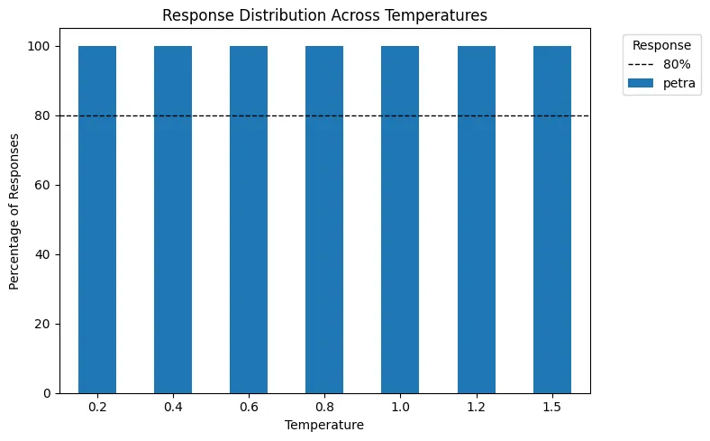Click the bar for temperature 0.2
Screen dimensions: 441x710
coord(97,219)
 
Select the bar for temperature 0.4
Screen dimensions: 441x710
coord(173,219)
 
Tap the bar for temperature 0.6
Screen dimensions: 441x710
coord(249,219)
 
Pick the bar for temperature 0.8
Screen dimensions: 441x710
coord(324,219)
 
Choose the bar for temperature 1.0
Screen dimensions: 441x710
coord(400,219)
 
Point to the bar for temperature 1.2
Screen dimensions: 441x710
coord(476,219)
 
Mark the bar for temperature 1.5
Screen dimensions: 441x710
coord(552,219)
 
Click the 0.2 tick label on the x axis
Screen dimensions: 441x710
coord(97,408)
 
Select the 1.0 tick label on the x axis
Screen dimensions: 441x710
coord(400,408)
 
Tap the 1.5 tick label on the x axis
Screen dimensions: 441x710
coord(552,408)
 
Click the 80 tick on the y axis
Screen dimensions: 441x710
coord(42,115)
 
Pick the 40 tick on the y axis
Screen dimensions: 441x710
coord(42,254)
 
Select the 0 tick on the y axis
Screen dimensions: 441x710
coord(46,393)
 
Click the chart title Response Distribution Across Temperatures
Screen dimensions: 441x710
coord(324,14)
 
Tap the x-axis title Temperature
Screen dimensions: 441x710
coord(324,425)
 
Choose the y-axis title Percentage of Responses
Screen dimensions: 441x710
coord(14,219)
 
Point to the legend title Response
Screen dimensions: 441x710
coord(662,45)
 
